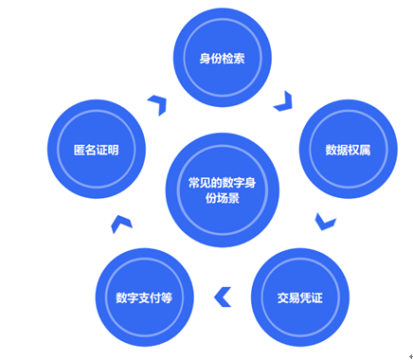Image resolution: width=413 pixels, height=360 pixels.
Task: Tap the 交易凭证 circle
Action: [300, 297]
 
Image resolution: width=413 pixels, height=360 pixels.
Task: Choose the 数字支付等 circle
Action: [143, 297]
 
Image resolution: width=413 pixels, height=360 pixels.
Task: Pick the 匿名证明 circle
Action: [96, 150]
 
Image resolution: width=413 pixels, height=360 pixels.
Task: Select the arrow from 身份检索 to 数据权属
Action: [283, 100]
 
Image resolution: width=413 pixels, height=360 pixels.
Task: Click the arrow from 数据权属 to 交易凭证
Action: [325, 222]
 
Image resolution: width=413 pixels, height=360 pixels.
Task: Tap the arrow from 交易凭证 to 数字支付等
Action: [223, 297]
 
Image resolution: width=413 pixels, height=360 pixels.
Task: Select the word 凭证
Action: [312, 297]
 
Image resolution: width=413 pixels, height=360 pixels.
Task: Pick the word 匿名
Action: [84, 150]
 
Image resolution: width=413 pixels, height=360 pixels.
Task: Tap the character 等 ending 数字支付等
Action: [164, 297]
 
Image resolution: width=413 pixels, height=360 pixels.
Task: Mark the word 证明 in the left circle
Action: [107, 150]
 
